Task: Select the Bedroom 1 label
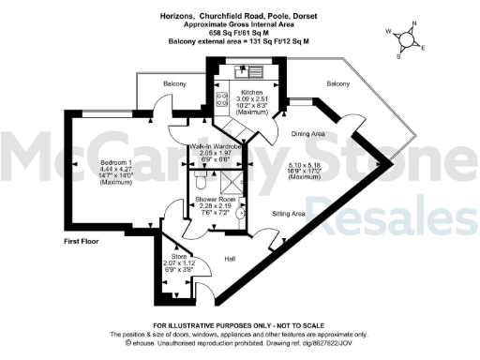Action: click(118, 163)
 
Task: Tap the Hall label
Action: click(230, 259)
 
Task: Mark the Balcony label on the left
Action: click(163, 83)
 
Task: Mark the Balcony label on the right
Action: click(338, 84)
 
